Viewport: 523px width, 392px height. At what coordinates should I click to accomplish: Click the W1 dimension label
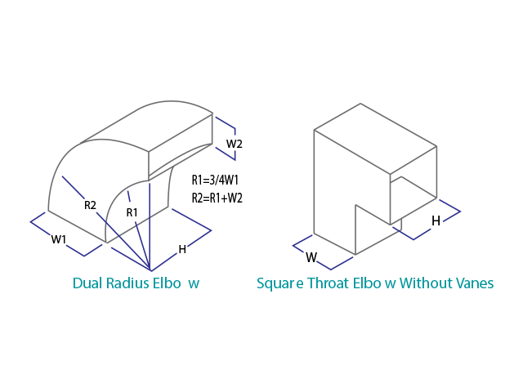pos(58,239)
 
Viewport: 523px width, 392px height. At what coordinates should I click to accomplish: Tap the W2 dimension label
pos(235,145)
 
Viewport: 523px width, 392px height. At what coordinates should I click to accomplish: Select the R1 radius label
pos(132,212)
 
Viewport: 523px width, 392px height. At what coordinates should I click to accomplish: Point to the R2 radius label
pos(91,205)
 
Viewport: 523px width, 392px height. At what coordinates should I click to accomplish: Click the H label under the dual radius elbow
pos(182,249)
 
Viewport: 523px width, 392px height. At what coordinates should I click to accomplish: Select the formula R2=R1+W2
pos(217,198)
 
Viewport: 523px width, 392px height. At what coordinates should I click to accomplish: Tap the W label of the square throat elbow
pos(311,257)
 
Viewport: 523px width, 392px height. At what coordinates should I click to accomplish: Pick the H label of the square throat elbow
pos(436,220)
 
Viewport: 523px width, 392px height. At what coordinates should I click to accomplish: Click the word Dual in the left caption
pos(87,283)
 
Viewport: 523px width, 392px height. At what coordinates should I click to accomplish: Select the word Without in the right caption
pos(431,283)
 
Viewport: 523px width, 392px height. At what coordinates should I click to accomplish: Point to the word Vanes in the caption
pos(476,283)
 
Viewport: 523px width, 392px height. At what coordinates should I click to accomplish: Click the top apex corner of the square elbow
pos(360,104)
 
